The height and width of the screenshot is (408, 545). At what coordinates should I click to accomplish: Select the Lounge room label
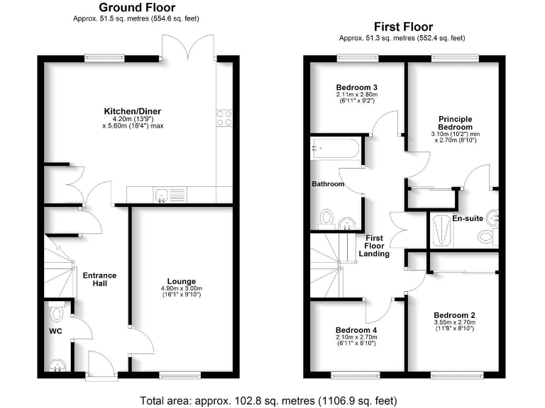point(182,281)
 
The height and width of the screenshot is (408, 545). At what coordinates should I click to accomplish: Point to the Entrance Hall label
point(99,279)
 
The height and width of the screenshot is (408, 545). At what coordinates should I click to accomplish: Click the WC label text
point(56,331)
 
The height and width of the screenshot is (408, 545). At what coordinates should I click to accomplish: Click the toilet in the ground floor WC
point(56,311)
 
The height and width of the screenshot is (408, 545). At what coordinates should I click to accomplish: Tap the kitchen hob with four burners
point(225,118)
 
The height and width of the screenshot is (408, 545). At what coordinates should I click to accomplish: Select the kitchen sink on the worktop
point(163,193)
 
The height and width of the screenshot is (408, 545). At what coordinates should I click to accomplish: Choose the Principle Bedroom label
point(455,123)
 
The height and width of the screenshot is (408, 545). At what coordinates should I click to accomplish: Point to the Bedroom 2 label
point(454,315)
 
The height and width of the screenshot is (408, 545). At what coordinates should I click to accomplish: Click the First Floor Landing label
point(374,246)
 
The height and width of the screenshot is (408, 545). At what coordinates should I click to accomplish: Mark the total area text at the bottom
point(272,399)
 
